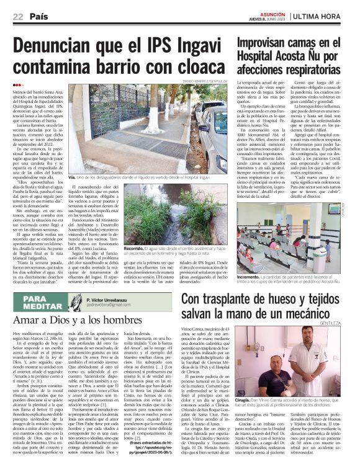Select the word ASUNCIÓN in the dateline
pos(271,14)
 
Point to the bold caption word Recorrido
pos(135,247)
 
